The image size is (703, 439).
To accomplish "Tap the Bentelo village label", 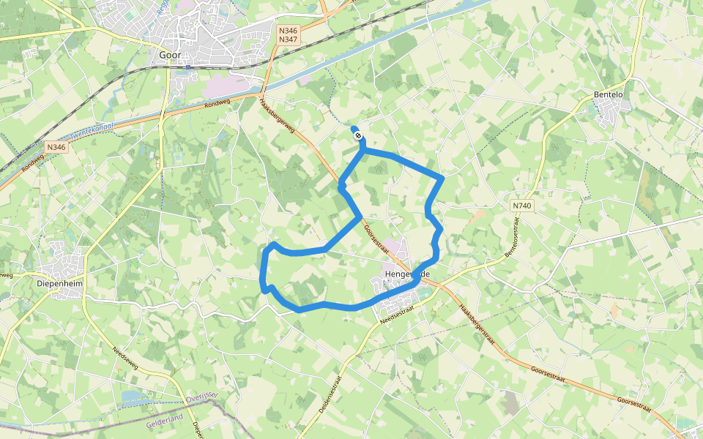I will click(608, 95).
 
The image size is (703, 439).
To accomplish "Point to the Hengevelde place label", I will click(406, 274).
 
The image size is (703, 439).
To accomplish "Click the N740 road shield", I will click(522, 206).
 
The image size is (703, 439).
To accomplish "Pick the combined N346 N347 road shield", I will click(289, 34).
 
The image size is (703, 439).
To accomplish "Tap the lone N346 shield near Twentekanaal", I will click(55, 147).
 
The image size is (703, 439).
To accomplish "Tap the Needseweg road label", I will click(126, 359).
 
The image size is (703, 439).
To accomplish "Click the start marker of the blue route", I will click(357, 135).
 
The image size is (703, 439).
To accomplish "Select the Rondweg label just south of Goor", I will click(217, 104).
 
